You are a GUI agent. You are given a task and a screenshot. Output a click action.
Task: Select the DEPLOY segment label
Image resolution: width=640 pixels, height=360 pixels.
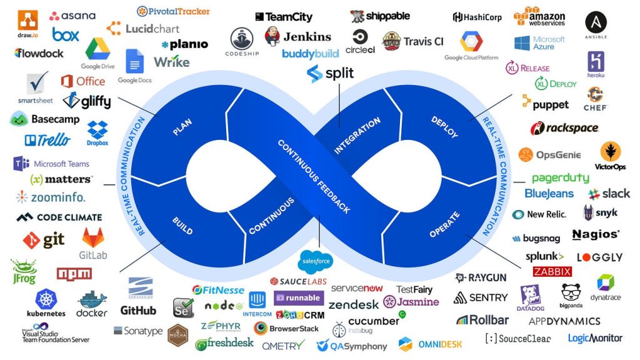(444, 126)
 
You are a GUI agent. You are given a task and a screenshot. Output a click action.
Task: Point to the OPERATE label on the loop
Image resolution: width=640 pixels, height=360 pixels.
(444, 225)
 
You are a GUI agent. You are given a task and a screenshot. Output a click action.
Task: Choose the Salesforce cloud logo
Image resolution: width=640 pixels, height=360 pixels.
(316, 261)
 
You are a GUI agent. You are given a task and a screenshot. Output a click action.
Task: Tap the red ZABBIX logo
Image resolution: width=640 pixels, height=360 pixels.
(552, 271)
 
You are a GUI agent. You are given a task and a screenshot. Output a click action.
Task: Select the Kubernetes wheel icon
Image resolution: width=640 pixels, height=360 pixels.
(46, 298)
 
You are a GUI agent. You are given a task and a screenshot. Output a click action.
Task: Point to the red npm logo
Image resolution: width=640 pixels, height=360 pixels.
(74, 274)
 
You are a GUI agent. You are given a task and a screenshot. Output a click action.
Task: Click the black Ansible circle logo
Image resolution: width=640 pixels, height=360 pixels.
(596, 23)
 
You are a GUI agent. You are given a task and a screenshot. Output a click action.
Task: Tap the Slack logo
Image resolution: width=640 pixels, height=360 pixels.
(609, 194)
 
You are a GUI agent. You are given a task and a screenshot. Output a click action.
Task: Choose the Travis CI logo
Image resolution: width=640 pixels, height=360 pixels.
(412, 41)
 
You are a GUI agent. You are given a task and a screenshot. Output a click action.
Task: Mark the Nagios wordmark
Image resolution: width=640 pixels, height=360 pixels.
(596, 235)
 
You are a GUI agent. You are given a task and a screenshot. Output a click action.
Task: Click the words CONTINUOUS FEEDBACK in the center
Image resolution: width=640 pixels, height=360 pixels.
(313, 176)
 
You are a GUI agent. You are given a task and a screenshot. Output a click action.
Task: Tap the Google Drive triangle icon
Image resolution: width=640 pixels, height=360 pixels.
(97, 49)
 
